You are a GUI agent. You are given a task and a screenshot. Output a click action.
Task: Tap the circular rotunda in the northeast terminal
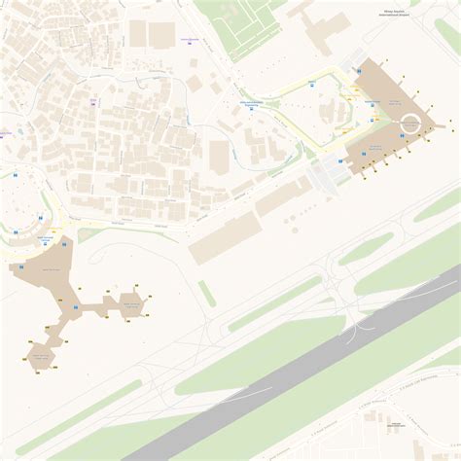tap(411, 123)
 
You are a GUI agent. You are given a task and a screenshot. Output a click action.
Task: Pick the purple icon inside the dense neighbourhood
tap(93, 99)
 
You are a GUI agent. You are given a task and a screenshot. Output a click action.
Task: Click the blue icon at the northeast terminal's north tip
tap(358, 71)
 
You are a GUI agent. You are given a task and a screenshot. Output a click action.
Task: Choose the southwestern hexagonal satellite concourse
tap(43, 358)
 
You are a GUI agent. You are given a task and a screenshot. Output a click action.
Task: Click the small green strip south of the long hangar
tap(207, 293)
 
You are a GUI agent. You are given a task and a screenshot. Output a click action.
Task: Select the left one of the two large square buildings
tap(138, 35)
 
